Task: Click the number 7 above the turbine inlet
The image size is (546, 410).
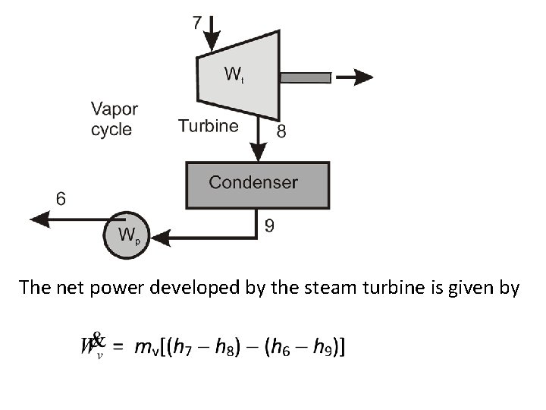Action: (197, 22)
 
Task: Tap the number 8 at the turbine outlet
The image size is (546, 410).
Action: (281, 132)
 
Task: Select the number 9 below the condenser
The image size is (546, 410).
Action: (269, 225)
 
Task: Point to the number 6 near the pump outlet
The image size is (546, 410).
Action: (61, 199)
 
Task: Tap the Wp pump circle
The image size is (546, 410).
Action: (127, 235)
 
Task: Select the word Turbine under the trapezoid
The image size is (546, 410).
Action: (208, 126)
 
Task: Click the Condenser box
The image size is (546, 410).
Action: (258, 184)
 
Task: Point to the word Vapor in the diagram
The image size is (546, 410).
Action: (114, 109)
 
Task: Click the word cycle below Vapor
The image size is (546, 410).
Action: (111, 130)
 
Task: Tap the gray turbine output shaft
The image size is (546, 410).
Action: (305, 77)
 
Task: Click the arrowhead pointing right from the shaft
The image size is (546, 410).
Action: (363, 77)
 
